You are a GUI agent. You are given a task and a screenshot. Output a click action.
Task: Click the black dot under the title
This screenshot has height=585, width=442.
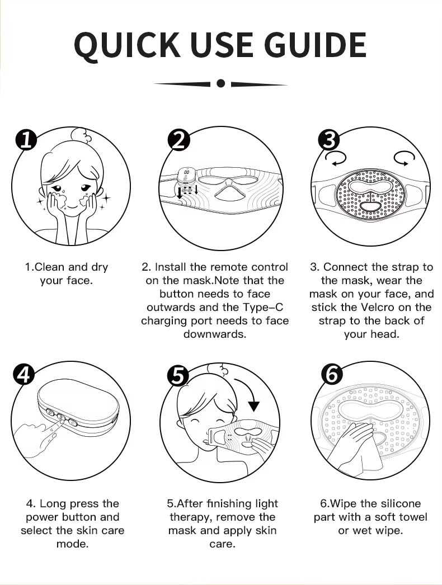220,83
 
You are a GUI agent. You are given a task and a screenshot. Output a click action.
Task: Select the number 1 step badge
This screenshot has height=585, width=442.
26,139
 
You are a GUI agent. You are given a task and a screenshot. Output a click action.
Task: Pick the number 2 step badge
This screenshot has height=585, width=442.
179,140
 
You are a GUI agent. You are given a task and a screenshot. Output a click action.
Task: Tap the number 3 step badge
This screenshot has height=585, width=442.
329,140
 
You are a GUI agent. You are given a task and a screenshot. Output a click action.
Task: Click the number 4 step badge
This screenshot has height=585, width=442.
24,374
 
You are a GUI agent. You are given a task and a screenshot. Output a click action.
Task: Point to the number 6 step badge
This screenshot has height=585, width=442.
331,374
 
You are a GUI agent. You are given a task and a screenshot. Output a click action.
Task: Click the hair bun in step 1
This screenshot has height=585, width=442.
82,136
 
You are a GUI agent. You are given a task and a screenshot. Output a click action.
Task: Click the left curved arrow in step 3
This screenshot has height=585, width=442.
335,159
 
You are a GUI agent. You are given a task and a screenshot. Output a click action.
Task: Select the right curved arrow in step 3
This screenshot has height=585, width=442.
405,158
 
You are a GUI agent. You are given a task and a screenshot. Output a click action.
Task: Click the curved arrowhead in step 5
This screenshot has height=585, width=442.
254,405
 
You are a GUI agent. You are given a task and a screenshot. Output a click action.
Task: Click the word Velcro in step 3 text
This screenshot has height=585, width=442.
377,307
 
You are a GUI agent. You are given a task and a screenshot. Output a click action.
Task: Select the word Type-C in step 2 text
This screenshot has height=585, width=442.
263,307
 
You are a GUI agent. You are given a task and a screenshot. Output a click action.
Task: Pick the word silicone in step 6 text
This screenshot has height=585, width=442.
397,503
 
